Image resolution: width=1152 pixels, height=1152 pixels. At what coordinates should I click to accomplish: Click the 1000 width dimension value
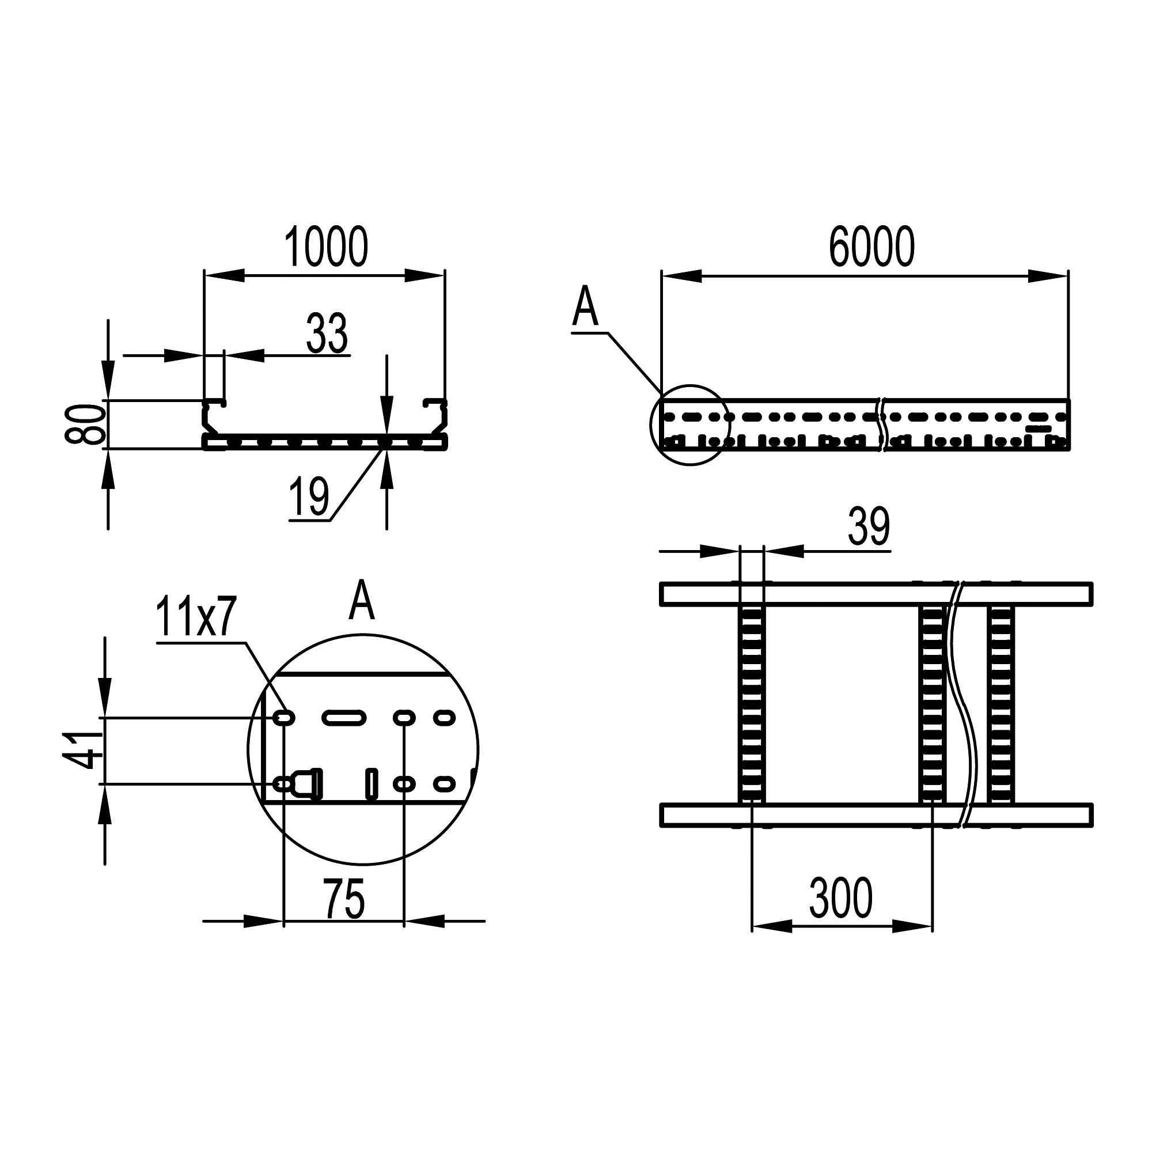[x=325, y=247]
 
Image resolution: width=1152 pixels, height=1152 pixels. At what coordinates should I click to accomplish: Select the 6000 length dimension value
[x=871, y=247]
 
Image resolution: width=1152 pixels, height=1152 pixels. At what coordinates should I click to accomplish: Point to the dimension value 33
[x=327, y=334]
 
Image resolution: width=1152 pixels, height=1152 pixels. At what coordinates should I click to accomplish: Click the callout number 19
[x=309, y=497]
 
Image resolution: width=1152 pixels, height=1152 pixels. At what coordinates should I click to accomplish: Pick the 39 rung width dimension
[x=869, y=527]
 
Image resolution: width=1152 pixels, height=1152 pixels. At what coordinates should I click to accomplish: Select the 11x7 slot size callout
[x=196, y=617]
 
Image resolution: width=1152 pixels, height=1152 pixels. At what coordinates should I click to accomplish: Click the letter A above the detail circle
[x=362, y=600]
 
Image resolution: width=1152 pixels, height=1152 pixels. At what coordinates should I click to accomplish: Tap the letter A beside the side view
[x=585, y=306]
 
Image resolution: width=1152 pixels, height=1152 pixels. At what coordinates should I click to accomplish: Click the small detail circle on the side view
[x=690, y=425]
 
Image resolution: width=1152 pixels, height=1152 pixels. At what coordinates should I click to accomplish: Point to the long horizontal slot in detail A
[x=344, y=718]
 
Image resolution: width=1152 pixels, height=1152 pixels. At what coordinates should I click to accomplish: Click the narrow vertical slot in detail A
[x=372, y=783]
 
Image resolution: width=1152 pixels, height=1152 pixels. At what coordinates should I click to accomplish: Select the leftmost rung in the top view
[x=751, y=704]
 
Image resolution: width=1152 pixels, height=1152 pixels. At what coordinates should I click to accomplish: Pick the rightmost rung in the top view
[x=1001, y=704]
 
